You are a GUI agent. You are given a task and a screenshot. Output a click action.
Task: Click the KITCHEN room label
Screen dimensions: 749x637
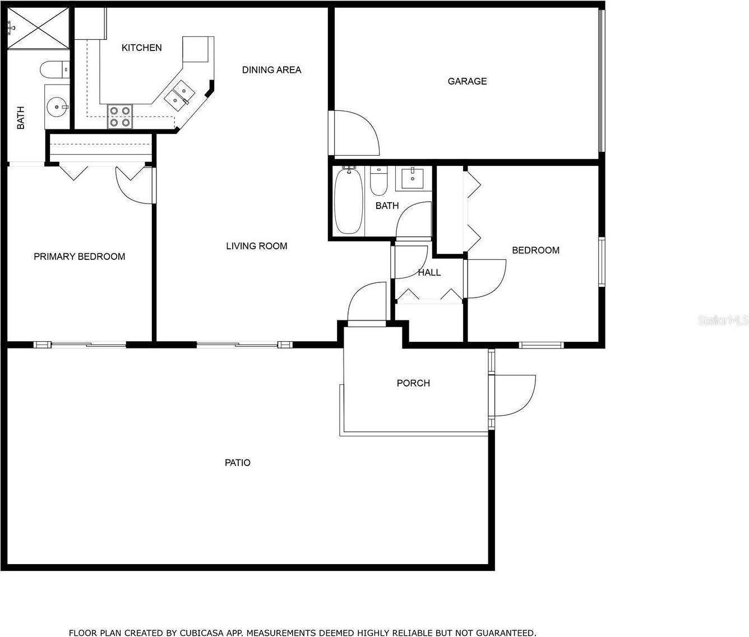(x=141, y=48)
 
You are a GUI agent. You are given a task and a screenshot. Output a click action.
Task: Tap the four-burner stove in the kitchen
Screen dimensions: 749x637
(x=120, y=116)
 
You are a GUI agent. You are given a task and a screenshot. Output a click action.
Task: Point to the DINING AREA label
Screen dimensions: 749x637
(x=271, y=70)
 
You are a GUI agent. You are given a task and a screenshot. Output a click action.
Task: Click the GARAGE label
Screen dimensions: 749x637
(x=467, y=81)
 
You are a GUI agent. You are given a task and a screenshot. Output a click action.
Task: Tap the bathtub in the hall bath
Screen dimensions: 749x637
(x=348, y=200)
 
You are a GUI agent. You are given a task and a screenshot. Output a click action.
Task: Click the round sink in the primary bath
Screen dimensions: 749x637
(x=57, y=107)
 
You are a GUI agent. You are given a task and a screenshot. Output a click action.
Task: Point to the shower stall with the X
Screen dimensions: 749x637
(x=38, y=28)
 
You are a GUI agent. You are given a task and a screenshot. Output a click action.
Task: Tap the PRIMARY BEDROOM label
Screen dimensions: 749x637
(x=80, y=257)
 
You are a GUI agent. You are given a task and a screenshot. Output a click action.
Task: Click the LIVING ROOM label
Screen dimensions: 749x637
(x=257, y=246)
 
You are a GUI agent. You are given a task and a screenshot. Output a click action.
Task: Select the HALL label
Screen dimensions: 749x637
(x=429, y=272)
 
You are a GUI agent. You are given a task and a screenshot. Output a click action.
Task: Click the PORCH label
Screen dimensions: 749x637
(x=413, y=383)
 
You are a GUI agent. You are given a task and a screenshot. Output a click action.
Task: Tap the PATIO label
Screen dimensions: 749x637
(x=237, y=462)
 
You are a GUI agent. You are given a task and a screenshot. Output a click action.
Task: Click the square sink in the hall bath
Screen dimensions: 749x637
(x=413, y=179)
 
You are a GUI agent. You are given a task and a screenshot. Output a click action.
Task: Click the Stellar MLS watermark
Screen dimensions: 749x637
(x=723, y=320)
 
